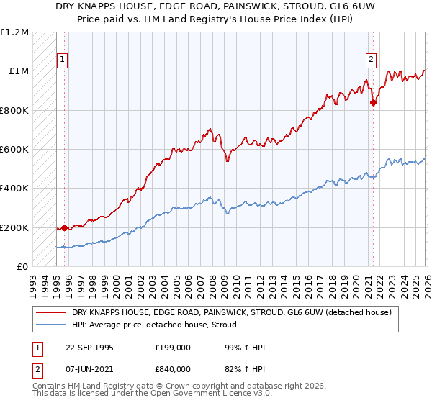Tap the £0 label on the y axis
click(22, 267)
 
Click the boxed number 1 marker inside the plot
click(62, 60)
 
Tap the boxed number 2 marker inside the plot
click(371, 60)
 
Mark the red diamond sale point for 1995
click(65, 228)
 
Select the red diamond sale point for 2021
click(373, 103)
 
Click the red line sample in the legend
click(51, 313)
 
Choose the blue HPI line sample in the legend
click(51, 325)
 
